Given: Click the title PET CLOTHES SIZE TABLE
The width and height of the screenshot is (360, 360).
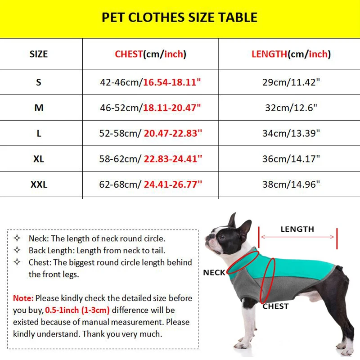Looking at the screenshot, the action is pos(180,18).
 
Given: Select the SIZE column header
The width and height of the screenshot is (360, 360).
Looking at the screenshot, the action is pos(39,54).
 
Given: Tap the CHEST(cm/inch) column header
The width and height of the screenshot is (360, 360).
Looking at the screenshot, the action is pos(150,54).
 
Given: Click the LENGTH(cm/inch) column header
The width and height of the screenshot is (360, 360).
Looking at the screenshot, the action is pos(291,54).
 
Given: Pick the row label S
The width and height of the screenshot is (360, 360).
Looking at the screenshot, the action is pos(39,82).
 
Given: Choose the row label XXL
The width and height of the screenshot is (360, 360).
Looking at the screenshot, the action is pos(39,184).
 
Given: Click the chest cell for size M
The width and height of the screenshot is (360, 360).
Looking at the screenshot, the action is pos(150,108).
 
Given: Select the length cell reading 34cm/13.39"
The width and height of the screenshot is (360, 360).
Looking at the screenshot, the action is pos(291,133).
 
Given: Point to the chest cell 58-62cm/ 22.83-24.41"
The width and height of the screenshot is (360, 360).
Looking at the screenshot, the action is pos(150,158).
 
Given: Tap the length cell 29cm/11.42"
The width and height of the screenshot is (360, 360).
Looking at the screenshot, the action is pos(291,82).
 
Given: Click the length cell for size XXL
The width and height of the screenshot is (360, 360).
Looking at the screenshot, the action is pos(291,184).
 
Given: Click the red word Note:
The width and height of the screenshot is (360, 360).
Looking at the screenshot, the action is pos(23,298).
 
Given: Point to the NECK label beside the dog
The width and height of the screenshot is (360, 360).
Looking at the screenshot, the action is pos(214,273).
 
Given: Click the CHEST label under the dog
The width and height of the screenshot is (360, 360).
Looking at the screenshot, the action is pos(275,306).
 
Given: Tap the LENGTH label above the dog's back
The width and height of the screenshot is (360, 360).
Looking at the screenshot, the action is pos(297,229).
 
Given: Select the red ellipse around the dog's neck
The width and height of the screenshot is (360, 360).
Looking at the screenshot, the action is pos(242,263).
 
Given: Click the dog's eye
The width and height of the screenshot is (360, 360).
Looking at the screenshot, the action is pos(223,234).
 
